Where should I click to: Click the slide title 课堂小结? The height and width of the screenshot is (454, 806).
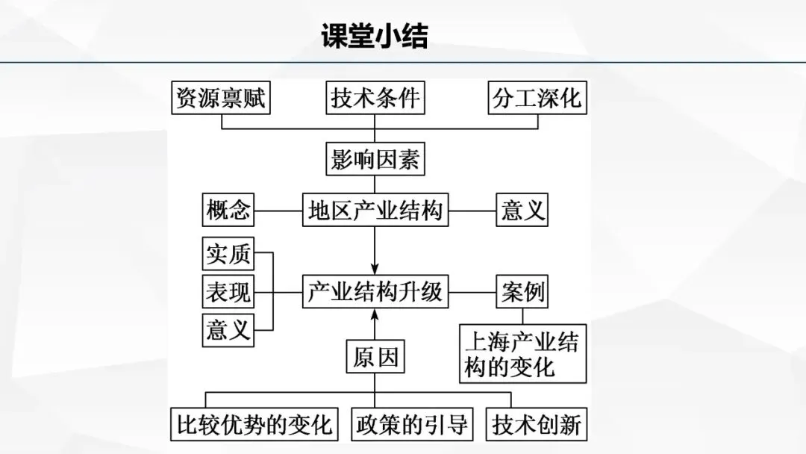[374, 36]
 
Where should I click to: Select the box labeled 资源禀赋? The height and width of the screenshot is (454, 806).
[220, 99]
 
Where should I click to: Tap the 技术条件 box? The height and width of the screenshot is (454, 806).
[375, 99]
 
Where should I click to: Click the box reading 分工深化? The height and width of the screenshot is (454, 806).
[537, 99]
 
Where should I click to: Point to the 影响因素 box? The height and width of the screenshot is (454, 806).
[375, 159]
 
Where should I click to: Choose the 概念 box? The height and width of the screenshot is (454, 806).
[228, 211]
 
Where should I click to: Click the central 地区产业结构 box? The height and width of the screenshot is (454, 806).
[375, 211]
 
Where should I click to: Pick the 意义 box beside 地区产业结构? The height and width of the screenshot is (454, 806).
[522, 211]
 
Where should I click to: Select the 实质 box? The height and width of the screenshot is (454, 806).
[228, 254]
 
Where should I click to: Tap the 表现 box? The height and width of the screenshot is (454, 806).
[228, 292]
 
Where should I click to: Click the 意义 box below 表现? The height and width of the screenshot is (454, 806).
[228, 329]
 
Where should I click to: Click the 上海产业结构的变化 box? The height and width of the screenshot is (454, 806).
[522, 354]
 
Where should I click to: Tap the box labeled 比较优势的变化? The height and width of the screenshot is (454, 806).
[254, 425]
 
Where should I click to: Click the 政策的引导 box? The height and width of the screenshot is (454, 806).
[412, 425]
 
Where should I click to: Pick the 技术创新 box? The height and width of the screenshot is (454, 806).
[537, 425]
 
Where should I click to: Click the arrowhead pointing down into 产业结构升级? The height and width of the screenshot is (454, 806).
[375, 270]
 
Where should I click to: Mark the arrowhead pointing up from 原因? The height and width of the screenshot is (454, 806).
[375, 314]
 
